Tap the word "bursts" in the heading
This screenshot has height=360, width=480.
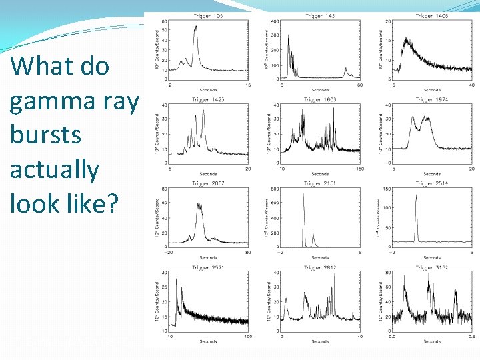tap(45, 135)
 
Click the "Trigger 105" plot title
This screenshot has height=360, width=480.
tap(207, 16)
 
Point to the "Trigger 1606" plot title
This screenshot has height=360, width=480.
tap(320, 100)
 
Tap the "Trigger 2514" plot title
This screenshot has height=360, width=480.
tap(432, 183)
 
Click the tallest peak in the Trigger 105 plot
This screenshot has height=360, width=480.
tap(195, 27)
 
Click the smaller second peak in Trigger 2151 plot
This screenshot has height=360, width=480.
tap(314, 234)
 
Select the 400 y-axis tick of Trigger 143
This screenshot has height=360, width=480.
tap(275, 22)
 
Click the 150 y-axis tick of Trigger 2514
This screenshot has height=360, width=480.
tap(387, 190)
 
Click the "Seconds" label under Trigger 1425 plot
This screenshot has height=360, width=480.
tap(207, 174)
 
